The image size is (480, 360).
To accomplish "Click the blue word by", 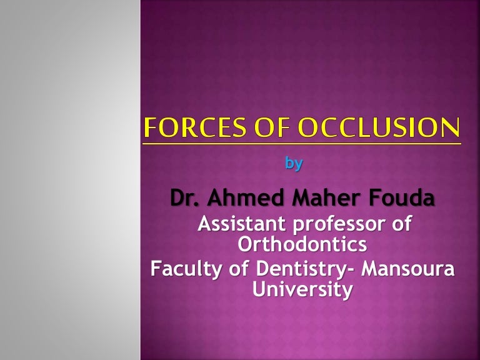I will point(294,164).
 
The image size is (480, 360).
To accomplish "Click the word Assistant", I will point(240,224).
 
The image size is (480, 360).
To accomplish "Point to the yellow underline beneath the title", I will point(302,143).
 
